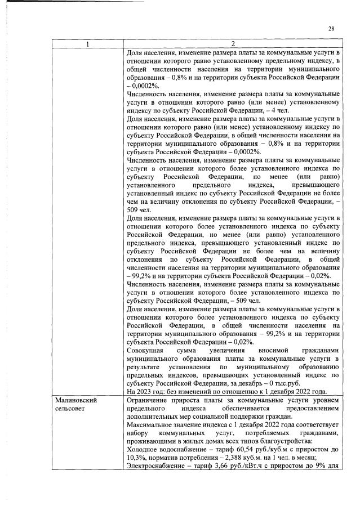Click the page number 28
pos(331,29)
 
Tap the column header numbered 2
pos(233,44)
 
